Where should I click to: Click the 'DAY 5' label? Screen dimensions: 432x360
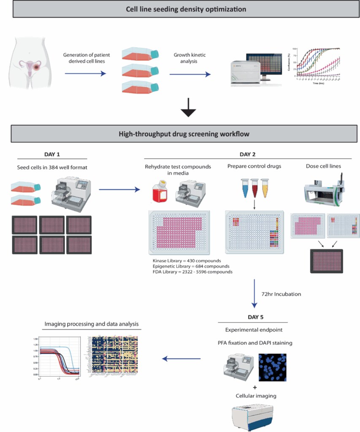coord(255,316)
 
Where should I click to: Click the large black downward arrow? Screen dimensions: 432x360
coord(188,111)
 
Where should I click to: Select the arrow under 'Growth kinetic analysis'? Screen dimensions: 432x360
coord(189,74)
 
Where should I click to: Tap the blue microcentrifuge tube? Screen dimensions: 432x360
coord(244,187)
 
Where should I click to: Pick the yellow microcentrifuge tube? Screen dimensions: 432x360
coord(265,187)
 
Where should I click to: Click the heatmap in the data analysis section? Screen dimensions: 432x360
coord(112,354)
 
